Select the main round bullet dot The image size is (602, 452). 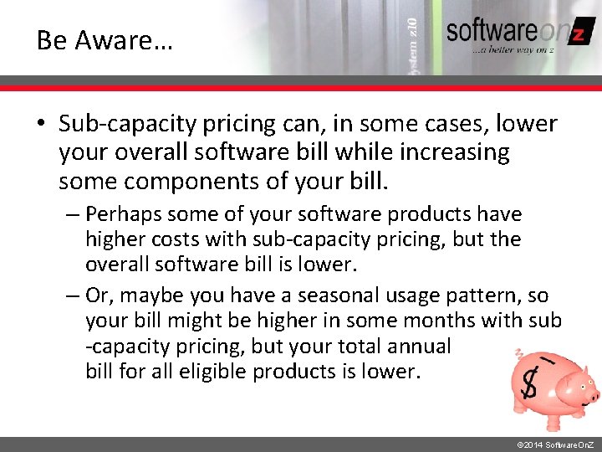point(41,124)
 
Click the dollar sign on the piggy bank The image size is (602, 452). point(529,386)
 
